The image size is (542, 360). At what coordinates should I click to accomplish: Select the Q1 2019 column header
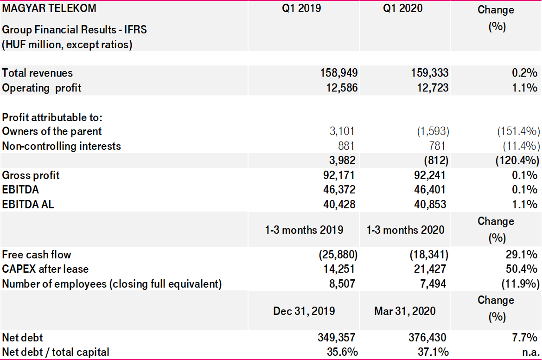coord(301,9)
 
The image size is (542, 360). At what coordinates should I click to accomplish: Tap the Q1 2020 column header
coord(402,9)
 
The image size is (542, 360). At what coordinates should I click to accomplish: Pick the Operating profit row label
coord(42,88)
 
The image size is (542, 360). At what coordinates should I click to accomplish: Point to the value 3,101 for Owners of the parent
coord(344,131)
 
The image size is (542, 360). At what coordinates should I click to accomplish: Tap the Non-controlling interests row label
coord(61,146)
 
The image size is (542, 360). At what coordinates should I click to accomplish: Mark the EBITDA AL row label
coord(28,204)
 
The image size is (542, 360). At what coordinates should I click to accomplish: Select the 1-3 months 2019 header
coord(304,230)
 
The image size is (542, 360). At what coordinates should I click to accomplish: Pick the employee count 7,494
coord(433,283)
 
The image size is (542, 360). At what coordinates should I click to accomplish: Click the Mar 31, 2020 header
coord(405,311)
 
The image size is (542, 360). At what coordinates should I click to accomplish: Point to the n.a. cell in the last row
coord(529,352)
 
